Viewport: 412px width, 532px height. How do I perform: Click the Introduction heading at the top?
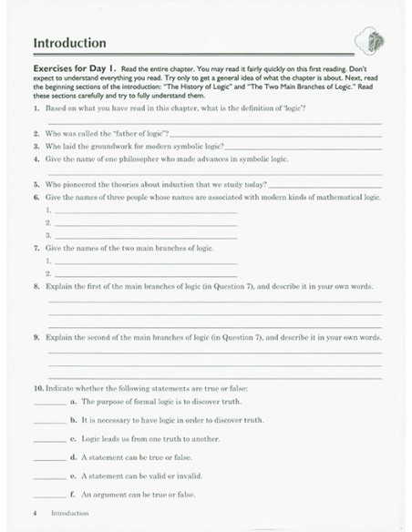69,43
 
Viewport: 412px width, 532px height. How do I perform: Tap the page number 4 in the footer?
34,514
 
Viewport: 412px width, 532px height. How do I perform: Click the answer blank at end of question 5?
325,183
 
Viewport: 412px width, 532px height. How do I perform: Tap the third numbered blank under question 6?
146,234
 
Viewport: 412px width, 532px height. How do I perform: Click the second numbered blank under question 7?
146,272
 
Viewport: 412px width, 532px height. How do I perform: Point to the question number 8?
36,285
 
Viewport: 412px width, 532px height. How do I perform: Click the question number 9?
36,337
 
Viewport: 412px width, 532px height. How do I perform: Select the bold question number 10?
37,389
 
